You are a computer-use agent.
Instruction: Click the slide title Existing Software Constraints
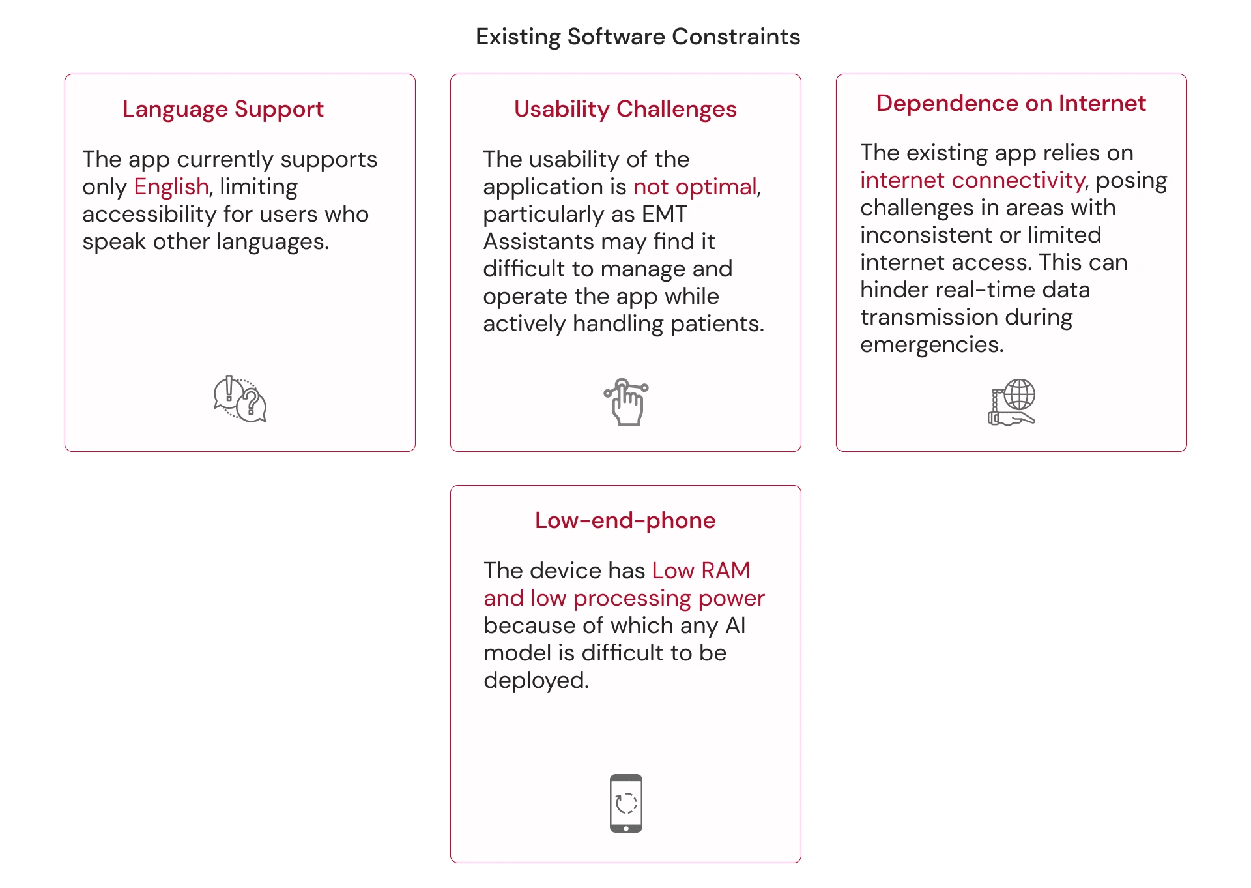(638, 37)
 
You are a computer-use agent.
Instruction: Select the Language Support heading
(223, 110)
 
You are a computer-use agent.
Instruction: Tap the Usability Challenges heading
(625, 110)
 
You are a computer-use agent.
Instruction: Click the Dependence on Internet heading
(1011, 103)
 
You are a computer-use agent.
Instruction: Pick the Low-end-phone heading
(625, 520)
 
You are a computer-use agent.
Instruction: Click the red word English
(171, 187)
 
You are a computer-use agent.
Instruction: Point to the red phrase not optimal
(695, 187)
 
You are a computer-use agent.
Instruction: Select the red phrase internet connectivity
(972, 181)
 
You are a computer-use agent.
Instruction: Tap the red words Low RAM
(701, 570)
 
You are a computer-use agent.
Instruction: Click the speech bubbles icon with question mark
(240, 399)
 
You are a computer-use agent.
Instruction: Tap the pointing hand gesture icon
(625, 402)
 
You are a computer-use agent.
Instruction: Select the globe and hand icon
(1012, 402)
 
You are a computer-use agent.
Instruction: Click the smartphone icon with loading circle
(626, 803)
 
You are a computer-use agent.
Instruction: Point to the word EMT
(665, 215)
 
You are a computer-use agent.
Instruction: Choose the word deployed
(536, 681)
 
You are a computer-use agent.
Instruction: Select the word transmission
(929, 318)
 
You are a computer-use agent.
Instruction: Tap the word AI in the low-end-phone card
(736, 625)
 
